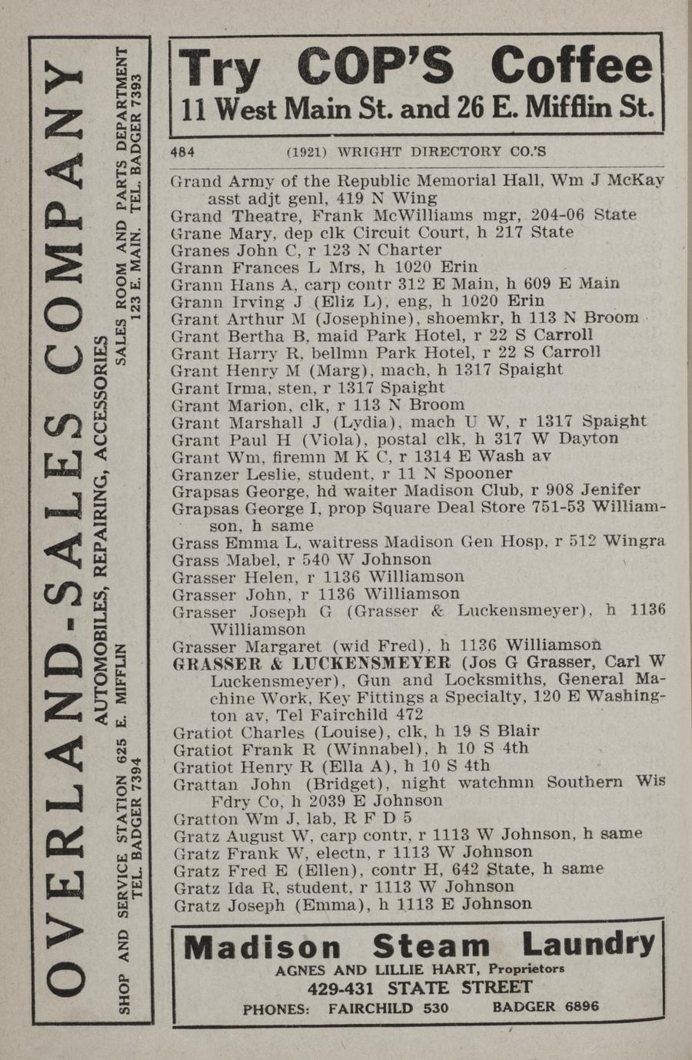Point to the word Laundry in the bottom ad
point(588,945)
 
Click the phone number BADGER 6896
point(546,1007)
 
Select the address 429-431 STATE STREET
point(419,989)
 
